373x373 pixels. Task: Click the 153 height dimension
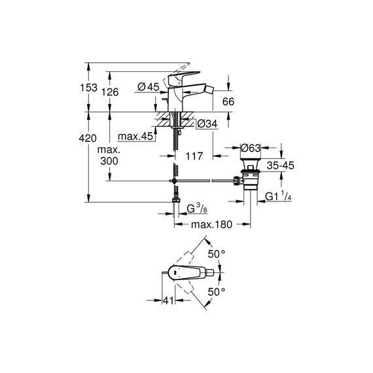tap(88, 88)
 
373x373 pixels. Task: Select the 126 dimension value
tap(110, 92)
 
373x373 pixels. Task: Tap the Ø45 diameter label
tap(148, 87)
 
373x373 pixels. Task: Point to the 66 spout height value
tap(228, 101)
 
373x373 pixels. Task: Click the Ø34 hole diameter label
tap(207, 124)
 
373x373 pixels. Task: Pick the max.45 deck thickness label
tap(135, 136)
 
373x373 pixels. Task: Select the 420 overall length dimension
tap(88, 138)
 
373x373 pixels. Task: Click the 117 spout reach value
tap(194, 156)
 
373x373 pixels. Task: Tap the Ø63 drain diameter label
tap(251, 148)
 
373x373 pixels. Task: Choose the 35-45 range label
tap(281, 166)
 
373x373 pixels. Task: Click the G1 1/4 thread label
tap(278, 196)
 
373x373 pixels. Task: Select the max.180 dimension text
tap(211, 224)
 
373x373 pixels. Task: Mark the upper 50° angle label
tap(217, 254)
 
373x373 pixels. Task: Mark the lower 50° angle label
tap(217, 292)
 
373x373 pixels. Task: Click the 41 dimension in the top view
tap(168, 300)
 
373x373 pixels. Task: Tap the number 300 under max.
tap(109, 161)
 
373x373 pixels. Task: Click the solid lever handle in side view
tap(184, 77)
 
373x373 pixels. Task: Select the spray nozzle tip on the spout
tap(209, 90)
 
